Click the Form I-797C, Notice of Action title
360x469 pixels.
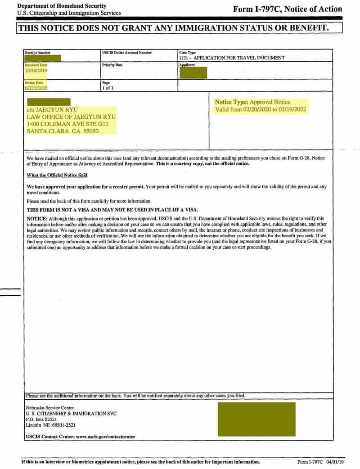click(288, 9)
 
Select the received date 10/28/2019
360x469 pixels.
click(36, 71)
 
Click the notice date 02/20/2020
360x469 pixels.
click(36, 88)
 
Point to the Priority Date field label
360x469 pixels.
click(112, 65)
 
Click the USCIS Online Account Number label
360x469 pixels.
click(127, 53)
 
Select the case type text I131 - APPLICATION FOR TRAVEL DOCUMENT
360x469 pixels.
click(232, 58)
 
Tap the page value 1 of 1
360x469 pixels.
click(108, 88)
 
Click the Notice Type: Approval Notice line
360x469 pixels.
click(252, 102)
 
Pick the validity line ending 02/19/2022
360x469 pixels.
click(261, 110)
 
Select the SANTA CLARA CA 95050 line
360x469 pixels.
click(63, 131)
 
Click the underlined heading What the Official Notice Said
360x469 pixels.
click(57, 175)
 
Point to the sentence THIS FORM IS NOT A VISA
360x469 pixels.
click(112, 210)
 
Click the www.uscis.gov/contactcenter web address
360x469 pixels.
click(106, 437)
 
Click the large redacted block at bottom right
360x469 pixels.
click(256, 419)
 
